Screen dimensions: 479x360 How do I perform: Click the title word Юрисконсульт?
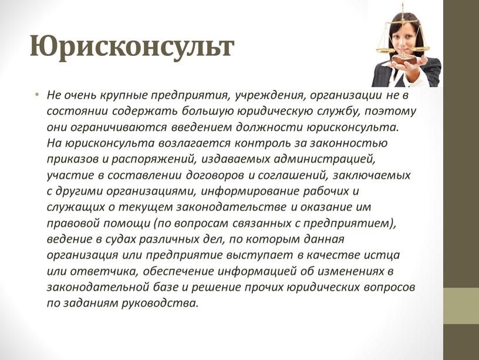click(132, 47)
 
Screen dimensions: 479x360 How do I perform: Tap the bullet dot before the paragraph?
click(37, 94)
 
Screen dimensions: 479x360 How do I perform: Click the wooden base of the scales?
click(404, 59)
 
